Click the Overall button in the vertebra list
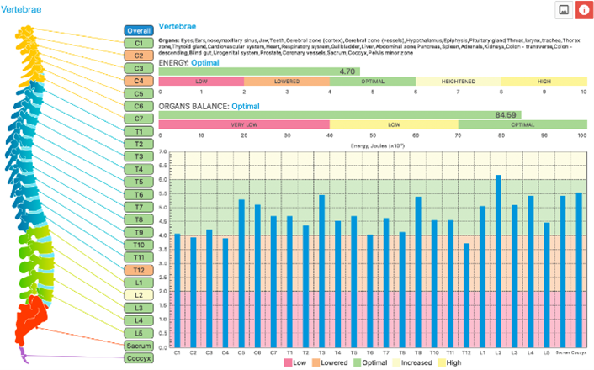(x=138, y=29)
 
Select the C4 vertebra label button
(x=138, y=81)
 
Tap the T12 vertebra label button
(x=138, y=270)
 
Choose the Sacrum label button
(x=138, y=346)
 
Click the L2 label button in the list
(x=138, y=295)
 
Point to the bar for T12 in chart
(x=466, y=294)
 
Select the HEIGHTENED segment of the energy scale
(x=458, y=82)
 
